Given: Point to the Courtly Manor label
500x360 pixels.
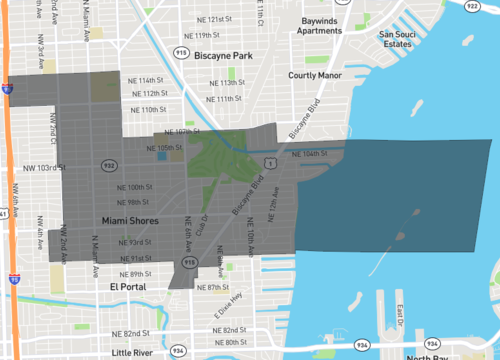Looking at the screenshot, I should (x=316, y=75).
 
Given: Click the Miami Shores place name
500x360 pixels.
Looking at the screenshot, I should (x=130, y=220).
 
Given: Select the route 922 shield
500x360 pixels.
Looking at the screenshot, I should (x=472, y=6).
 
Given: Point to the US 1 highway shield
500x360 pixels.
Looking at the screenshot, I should (x=269, y=161).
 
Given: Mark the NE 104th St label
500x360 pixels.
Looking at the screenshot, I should (x=308, y=154).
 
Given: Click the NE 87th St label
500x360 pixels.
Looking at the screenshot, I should (x=212, y=287).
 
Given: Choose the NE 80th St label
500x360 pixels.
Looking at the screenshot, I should (x=229, y=343).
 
